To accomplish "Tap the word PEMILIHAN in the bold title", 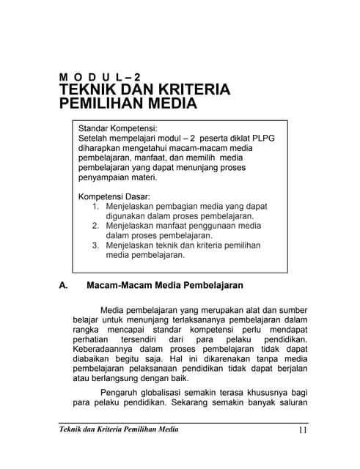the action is coord(101,103).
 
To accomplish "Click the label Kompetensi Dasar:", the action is coord(114,196).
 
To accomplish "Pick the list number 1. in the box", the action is coord(96,207).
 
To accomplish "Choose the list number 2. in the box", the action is coord(96,226).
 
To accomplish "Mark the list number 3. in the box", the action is coord(96,246).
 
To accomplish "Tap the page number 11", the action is coord(303,429).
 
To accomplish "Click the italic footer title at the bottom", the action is coord(118,429).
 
